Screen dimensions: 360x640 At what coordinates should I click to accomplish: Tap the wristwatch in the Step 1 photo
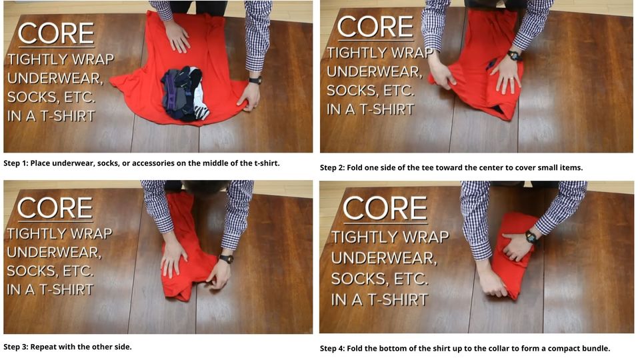pyautogui.click(x=255, y=80)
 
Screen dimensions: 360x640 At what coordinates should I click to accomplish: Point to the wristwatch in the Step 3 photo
pyautogui.click(x=227, y=258)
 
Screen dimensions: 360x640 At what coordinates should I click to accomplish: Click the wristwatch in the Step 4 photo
pyautogui.click(x=531, y=237)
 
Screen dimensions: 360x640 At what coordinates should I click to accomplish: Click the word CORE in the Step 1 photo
pyautogui.click(x=56, y=34)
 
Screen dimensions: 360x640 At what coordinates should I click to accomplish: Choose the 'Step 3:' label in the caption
pyautogui.click(x=19, y=347)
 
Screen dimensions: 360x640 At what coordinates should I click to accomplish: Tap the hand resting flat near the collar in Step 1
pyautogui.click(x=176, y=36)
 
